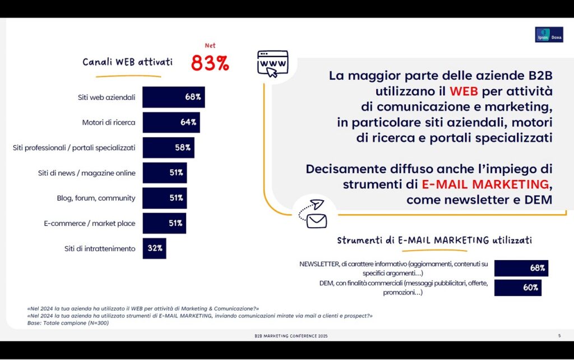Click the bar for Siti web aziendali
click(173, 97)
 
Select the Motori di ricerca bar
click(171, 122)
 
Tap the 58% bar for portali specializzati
click(168, 147)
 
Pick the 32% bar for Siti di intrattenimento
click(154, 248)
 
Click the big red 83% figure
click(210, 63)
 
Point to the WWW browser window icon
click(272, 63)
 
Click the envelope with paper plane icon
click(314, 214)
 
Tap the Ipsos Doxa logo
click(548, 34)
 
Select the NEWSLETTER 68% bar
click(521, 268)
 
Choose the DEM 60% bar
click(517, 288)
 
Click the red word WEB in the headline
click(463, 91)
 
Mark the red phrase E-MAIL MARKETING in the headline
click(485, 184)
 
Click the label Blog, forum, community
click(96, 198)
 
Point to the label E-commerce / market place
click(90, 223)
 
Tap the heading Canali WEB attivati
click(127, 62)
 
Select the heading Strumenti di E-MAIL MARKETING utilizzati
click(434, 241)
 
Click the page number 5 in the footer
click(559, 335)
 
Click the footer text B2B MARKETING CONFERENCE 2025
click(291, 335)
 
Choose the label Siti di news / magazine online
click(83, 173)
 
